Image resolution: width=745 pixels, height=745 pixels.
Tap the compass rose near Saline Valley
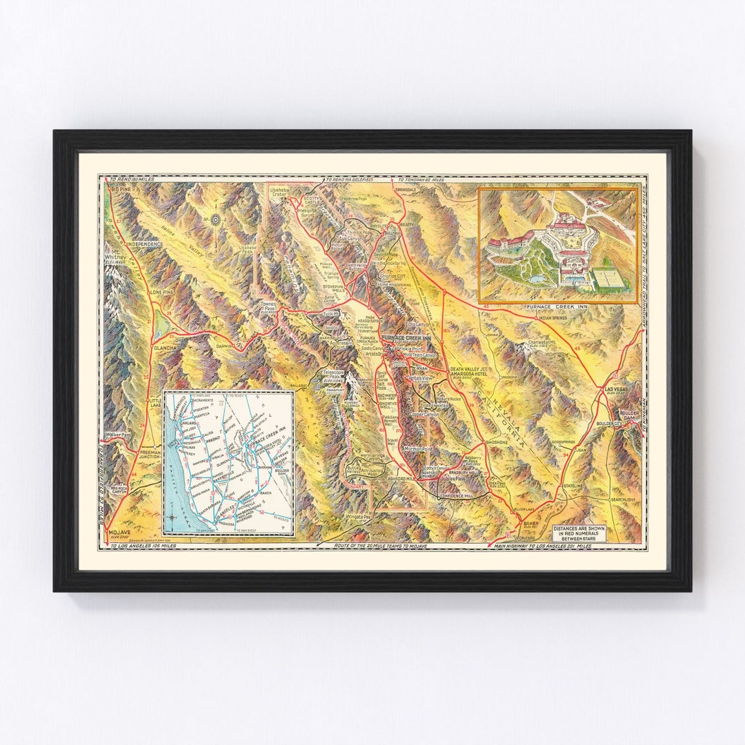[216, 220]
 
